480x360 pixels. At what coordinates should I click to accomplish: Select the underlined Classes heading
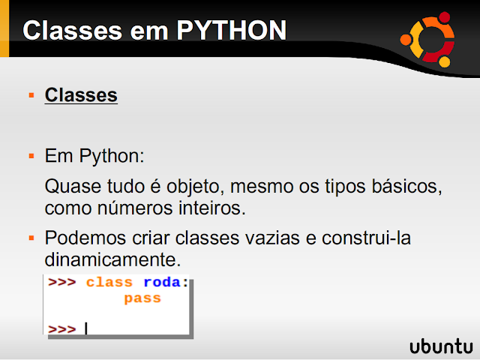tap(81, 95)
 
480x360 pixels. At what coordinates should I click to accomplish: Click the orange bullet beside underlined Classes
tap(31, 95)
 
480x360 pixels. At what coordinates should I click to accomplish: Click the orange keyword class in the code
tap(109, 283)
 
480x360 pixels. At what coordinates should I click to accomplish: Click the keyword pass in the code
tap(142, 298)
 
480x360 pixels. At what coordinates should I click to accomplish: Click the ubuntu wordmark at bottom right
tap(441, 346)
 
